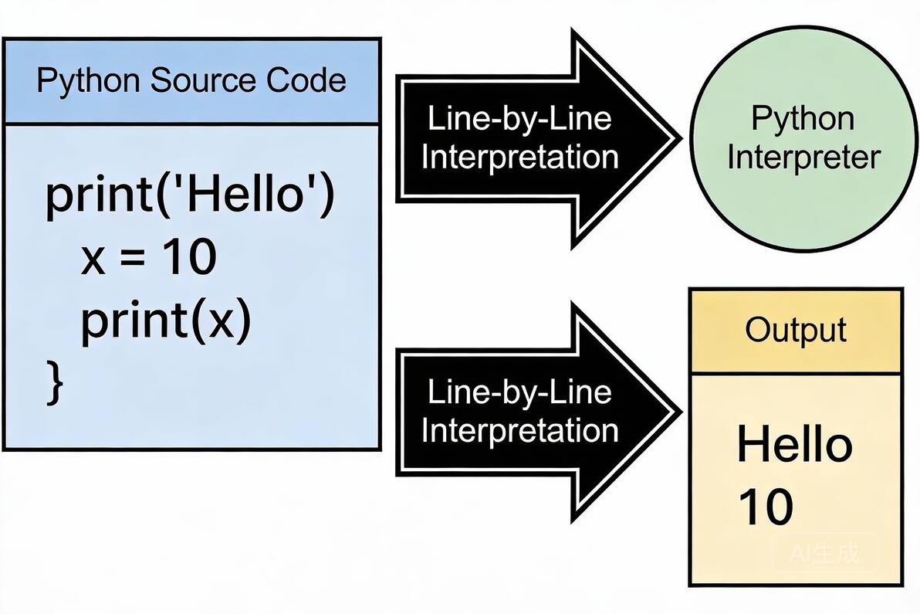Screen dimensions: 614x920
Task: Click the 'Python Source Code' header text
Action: tap(191, 81)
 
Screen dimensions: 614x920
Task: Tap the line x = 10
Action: tap(148, 257)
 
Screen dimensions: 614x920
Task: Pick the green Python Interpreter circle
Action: tap(803, 139)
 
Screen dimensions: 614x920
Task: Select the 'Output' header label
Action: tap(796, 330)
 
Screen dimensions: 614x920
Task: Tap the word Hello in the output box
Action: tap(794, 446)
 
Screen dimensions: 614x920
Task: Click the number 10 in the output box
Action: tap(766, 507)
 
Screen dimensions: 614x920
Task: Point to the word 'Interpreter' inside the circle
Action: tap(803, 158)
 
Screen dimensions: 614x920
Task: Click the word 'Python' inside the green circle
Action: tap(803, 120)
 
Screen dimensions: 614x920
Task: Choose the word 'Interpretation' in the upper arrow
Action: tap(519, 158)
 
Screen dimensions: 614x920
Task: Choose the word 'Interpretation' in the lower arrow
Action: tap(519, 430)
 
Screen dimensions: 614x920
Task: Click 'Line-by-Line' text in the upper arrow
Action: tap(519, 120)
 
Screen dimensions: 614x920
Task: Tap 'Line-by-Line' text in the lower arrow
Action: tap(519, 392)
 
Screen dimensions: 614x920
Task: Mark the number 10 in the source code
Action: tap(189, 257)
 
